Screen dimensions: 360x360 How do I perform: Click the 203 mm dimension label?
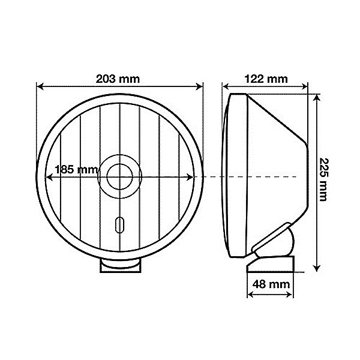(x=120, y=78)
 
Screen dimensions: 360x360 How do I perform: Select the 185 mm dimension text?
(x=76, y=170)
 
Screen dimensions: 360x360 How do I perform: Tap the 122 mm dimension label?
(x=266, y=79)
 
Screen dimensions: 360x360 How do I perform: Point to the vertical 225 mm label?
(x=323, y=179)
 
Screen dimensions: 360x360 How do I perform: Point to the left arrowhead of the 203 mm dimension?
(x=40, y=87)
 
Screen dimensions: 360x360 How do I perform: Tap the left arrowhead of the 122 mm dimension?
(x=226, y=87)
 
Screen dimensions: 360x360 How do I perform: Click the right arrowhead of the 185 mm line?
(x=193, y=178)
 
